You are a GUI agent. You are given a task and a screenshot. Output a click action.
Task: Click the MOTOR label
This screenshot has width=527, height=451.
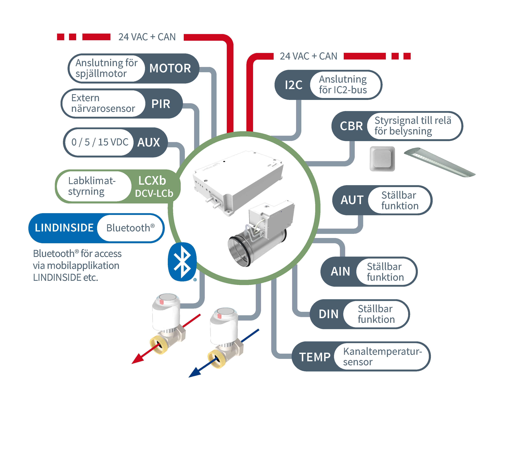[170, 68]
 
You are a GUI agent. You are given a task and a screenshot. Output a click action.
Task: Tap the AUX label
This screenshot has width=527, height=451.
[149, 142]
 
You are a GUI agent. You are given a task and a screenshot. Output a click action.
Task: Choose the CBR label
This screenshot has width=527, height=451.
[351, 126]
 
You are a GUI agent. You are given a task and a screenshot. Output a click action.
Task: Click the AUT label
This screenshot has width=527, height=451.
[352, 200]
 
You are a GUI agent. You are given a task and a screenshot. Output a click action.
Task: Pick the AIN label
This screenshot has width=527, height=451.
[340, 271]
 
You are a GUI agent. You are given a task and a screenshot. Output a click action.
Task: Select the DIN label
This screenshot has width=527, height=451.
[329, 314]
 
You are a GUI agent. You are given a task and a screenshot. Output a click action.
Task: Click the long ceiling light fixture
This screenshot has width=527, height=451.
[440, 163]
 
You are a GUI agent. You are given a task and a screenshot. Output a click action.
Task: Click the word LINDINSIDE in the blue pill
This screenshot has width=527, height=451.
[64, 228]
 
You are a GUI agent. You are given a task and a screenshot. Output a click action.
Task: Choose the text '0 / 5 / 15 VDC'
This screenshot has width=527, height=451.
[100, 142]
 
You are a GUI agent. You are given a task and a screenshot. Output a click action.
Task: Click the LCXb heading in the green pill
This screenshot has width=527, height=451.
[152, 181]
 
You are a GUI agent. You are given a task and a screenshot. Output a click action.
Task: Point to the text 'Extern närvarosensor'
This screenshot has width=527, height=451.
[103, 103]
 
